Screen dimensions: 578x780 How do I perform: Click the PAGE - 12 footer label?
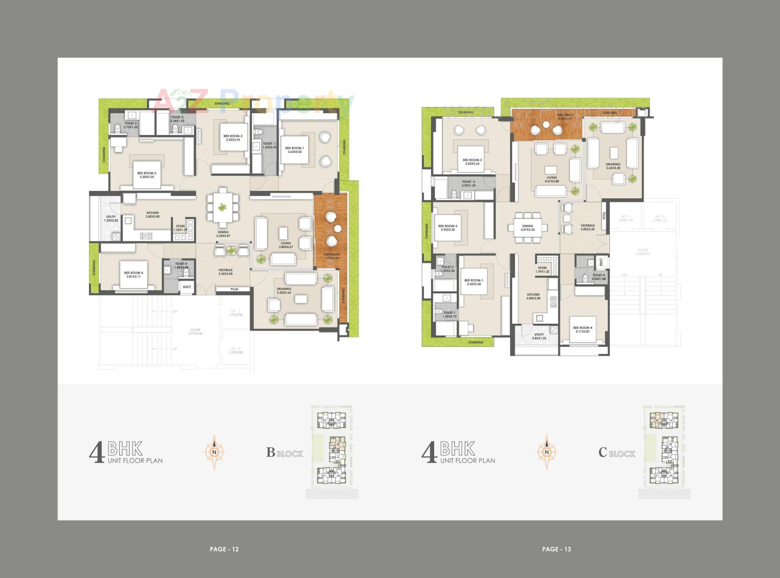coord(224,549)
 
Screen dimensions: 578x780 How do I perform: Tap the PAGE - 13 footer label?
coord(556,549)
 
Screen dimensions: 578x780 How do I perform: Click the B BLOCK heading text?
coord(284,452)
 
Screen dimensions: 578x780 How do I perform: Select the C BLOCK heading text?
coord(616,452)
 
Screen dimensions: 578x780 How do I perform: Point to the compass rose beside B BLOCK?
coord(214,452)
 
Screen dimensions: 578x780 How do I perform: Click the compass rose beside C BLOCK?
coord(546,452)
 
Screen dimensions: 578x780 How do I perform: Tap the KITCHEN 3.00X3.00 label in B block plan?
coord(153,214)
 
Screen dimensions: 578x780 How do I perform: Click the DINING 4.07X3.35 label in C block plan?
coord(528,228)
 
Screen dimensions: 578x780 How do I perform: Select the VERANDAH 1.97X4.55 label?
coord(331,256)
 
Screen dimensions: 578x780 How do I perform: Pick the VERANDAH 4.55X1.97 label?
coord(565,117)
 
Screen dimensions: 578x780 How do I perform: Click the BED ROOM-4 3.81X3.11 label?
coord(134,275)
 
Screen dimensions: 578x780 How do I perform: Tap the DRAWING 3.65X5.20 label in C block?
coord(613,166)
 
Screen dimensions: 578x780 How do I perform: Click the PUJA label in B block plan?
coord(234,289)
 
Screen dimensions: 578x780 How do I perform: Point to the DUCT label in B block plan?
coord(187,287)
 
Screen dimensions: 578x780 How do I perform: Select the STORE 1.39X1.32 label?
coord(542,270)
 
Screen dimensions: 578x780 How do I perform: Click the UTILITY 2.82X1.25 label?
coord(539,336)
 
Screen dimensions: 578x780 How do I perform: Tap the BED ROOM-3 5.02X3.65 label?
coord(472,162)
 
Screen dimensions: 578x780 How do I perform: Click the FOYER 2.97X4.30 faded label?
coord(195,332)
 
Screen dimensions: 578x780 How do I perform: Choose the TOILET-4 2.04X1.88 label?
coord(598,277)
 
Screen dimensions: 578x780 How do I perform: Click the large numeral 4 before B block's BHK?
coord(97,452)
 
